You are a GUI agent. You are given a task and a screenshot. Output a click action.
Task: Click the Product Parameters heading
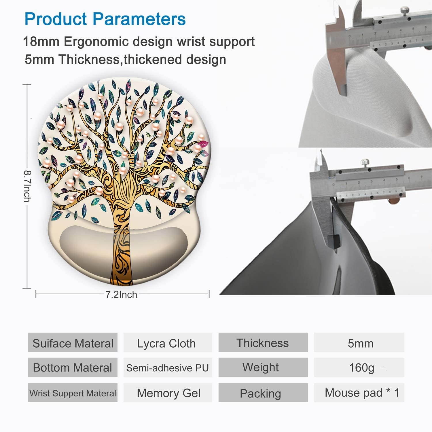click(x=105, y=19)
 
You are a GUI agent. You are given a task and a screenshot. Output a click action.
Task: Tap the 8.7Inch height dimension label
click(x=28, y=186)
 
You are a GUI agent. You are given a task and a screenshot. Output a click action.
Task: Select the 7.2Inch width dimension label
click(x=121, y=295)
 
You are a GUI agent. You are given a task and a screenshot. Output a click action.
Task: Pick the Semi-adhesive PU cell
click(x=168, y=368)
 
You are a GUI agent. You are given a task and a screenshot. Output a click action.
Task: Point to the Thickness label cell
click(x=263, y=343)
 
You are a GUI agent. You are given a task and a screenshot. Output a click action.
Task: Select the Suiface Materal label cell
click(x=73, y=343)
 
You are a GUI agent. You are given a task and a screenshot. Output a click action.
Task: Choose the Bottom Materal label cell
click(x=73, y=368)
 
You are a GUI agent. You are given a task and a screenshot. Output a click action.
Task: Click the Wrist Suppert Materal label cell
click(x=73, y=393)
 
